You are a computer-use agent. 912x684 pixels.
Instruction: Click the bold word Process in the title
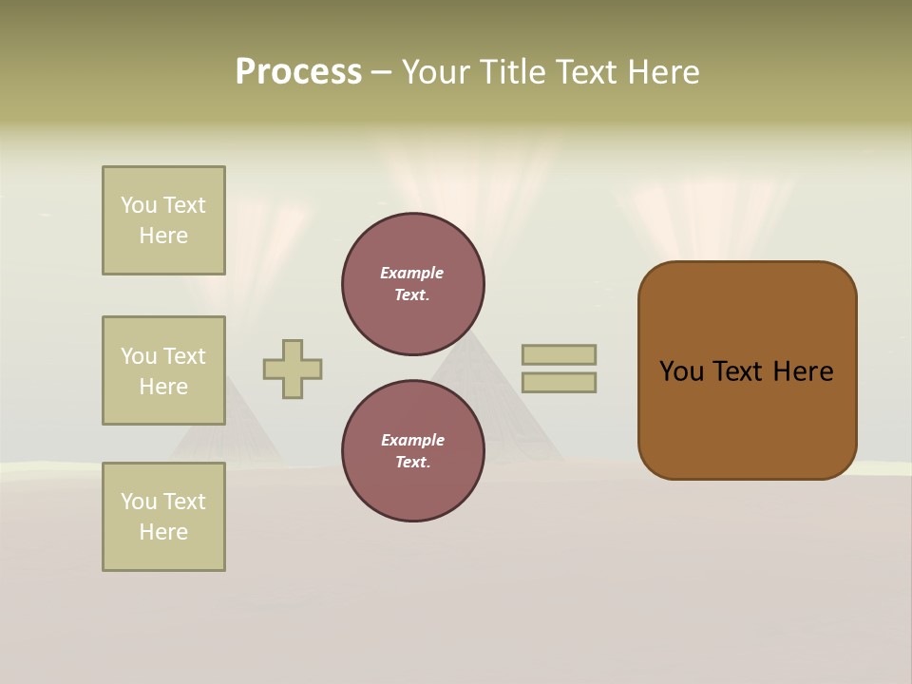point(298,72)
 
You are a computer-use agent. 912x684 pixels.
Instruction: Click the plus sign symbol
point(293,369)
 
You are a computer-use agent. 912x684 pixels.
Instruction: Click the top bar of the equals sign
point(559,354)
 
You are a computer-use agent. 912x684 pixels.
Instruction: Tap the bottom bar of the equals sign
point(559,382)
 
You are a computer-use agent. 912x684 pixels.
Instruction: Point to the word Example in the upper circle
point(411,273)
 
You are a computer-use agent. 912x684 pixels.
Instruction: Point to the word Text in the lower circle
point(411,463)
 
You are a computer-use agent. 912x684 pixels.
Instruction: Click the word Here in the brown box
point(803,371)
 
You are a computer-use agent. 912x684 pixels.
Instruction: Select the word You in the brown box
point(682,371)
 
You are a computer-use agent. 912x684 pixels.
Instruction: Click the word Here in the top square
point(163,236)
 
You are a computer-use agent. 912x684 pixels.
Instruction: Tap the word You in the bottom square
point(139,502)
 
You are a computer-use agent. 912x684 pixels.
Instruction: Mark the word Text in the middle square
point(184,356)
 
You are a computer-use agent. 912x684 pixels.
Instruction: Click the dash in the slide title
point(381,72)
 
